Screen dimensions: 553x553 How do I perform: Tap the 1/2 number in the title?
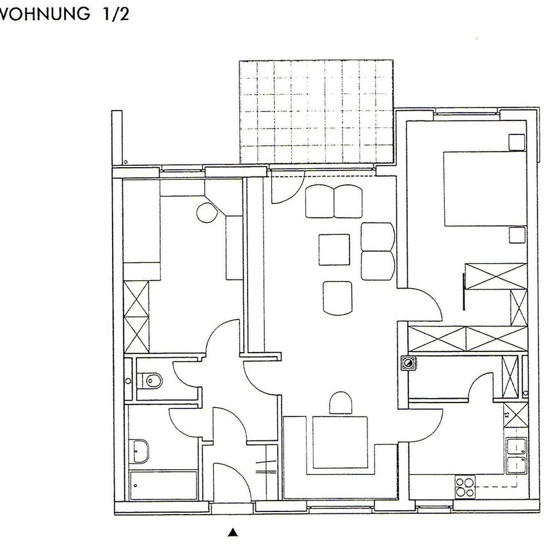113,14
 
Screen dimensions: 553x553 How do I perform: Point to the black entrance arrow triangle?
234,531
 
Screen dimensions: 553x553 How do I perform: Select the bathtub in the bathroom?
164,486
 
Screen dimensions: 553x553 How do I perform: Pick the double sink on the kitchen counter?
515,455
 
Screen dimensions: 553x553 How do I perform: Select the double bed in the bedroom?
484,188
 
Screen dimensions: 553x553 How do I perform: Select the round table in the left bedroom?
207,211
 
